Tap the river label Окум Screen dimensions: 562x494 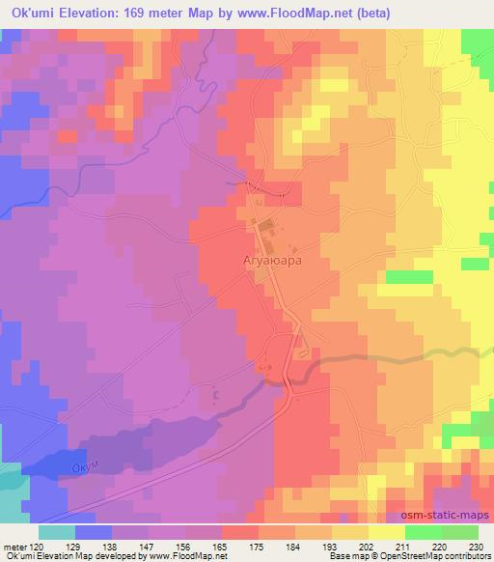point(87,467)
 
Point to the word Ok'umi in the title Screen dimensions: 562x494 point(30,13)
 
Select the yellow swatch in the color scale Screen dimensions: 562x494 point(386,532)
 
